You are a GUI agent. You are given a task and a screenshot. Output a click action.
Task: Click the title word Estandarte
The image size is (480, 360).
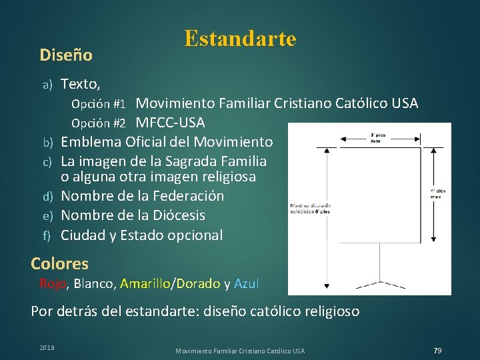pyautogui.click(x=240, y=39)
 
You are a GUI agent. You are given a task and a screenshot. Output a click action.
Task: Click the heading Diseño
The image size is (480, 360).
pyautogui.click(x=66, y=54)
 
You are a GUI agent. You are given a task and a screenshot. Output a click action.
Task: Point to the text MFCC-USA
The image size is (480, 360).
pyautogui.click(x=170, y=123)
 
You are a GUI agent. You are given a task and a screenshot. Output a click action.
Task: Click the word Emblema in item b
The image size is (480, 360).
pyautogui.click(x=91, y=141)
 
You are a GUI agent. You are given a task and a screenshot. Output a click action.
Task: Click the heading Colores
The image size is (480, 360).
pyautogui.click(x=59, y=263)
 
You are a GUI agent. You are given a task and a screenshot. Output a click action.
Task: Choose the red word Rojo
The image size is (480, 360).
pyautogui.click(x=53, y=283)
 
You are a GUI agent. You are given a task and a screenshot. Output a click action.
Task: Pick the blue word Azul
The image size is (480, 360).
pyautogui.click(x=246, y=283)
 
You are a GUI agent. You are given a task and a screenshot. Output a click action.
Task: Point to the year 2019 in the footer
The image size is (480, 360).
pyautogui.click(x=47, y=348)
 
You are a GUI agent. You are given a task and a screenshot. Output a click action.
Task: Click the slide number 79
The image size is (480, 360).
pyautogui.click(x=437, y=351)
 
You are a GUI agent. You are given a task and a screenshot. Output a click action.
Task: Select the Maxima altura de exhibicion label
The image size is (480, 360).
pyautogui.click(x=311, y=209)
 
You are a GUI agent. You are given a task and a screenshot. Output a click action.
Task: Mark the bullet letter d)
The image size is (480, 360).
pyautogui.click(x=47, y=197)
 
